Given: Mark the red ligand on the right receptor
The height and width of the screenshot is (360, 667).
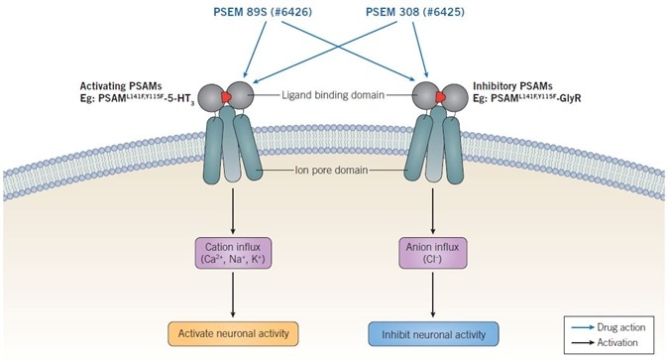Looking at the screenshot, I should pos(428,96).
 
